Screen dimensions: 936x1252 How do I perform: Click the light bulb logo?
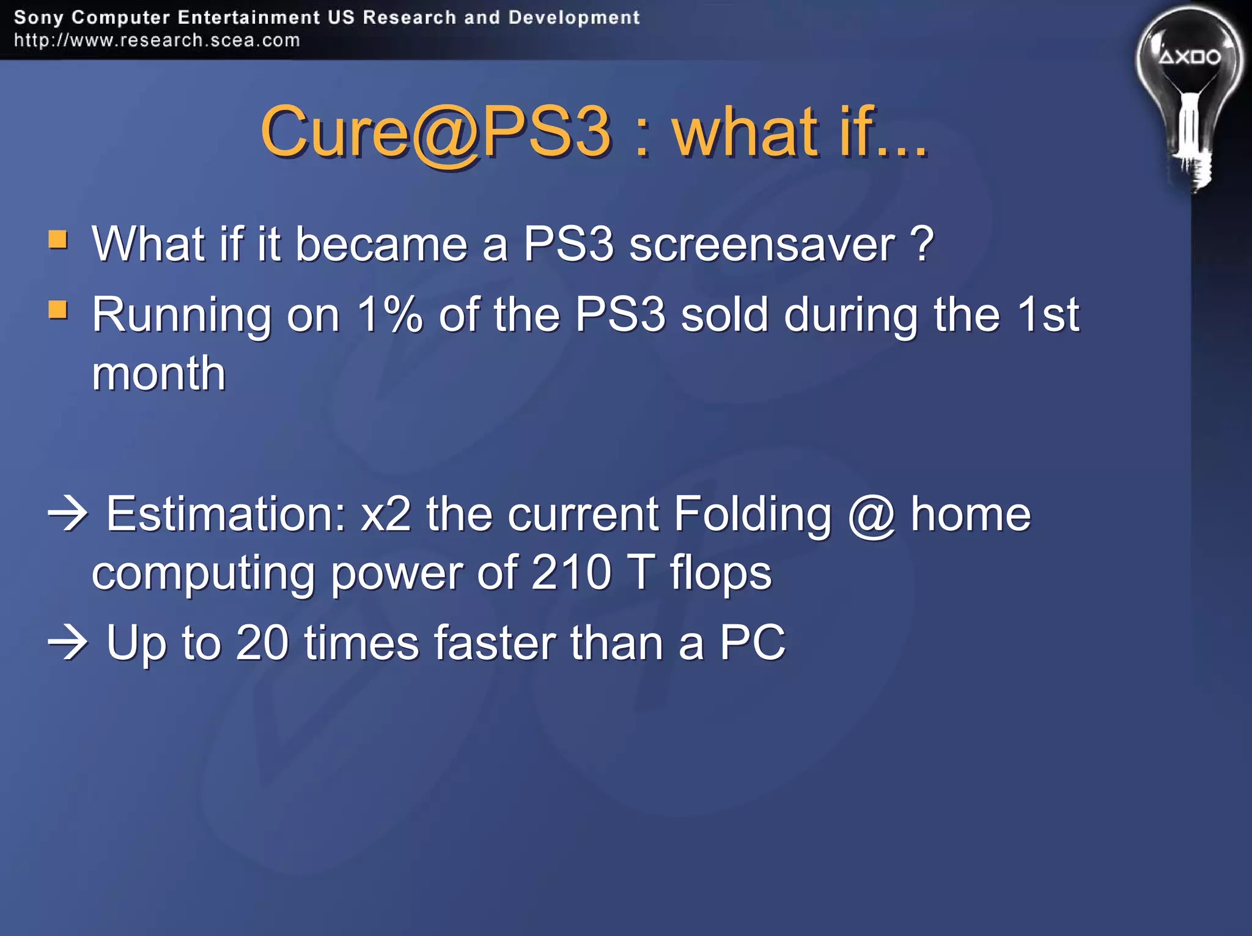1189,98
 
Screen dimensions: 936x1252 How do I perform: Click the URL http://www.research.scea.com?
157,40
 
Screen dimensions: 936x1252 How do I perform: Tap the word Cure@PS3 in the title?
436,131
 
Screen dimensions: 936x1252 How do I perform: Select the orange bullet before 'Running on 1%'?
58,309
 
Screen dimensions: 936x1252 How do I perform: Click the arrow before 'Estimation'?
68,514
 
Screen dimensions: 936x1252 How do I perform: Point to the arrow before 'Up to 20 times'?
68,643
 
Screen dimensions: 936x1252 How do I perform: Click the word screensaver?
762,245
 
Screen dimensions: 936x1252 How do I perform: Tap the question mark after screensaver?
922,243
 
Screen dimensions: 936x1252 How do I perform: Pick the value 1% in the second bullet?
389,315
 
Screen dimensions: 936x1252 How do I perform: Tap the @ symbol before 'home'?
871,517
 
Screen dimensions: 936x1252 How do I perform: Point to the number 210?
571,573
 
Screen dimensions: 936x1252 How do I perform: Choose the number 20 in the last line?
262,643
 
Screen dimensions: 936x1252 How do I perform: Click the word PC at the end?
752,643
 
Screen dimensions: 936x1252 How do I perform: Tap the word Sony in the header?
39,18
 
